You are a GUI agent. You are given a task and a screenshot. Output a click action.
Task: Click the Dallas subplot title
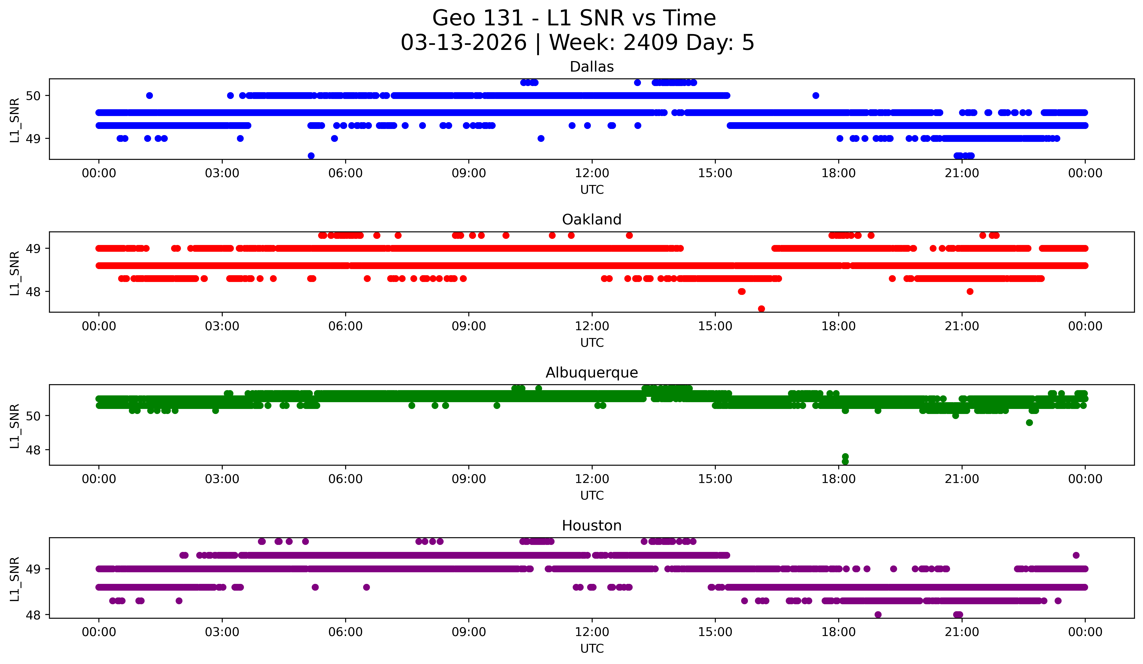tap(592, 67)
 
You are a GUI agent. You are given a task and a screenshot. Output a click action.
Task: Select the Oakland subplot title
tap(592, 220)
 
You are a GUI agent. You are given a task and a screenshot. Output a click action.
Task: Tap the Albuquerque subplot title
tap(592, 373)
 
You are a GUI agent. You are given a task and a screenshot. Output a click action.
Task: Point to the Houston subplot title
tap(592, 526)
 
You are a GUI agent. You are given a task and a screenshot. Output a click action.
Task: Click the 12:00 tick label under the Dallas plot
tap(592, 173)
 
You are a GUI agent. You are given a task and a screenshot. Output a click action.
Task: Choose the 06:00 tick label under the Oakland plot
tap(346, 326)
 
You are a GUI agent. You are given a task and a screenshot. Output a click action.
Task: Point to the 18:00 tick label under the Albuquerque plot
tap(838, 479)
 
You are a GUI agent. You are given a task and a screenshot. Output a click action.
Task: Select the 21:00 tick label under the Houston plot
tap(962, 632)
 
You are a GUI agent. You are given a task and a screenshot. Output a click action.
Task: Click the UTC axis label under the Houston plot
tap(592, 649)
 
